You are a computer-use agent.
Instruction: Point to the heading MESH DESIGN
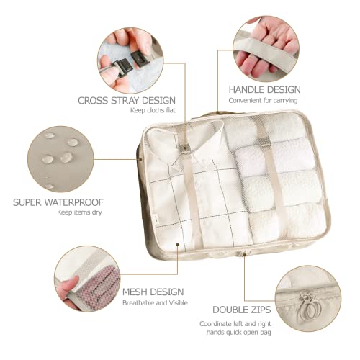(x=153, y=292)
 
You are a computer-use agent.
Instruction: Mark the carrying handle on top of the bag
(x=216, y=114)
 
